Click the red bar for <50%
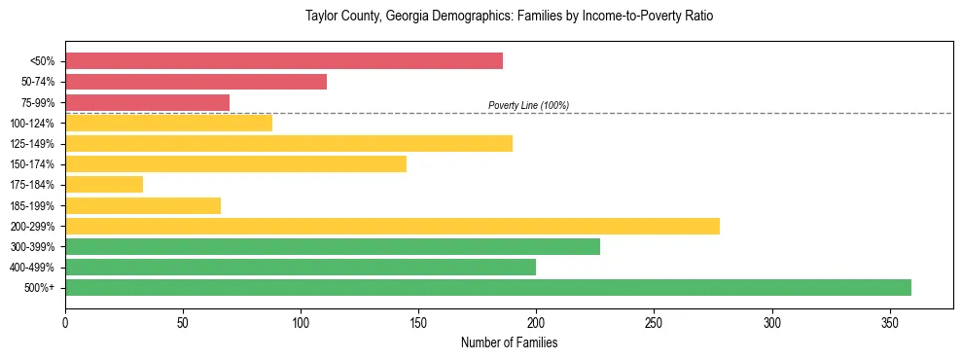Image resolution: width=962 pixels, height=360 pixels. [x=284, y=61]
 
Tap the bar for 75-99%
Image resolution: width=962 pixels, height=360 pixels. [x=147, y=102]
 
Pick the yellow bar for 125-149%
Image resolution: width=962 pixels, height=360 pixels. [x=289, y=144]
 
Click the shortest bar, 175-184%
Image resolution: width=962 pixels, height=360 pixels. [x=104, y=185]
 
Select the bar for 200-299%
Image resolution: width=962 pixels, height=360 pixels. [x=392, y=226]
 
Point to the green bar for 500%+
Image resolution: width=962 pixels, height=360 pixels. [x=488, y=287]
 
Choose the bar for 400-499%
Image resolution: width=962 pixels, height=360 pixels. [x=301, y=267]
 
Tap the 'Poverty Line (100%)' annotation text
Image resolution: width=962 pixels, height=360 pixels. [x=528, y=105]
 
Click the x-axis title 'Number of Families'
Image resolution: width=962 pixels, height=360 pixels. [x=509, y=342]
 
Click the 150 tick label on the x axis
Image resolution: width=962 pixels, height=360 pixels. [x=418, y=321]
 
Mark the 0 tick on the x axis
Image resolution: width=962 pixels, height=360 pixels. [x=65, y=321]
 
